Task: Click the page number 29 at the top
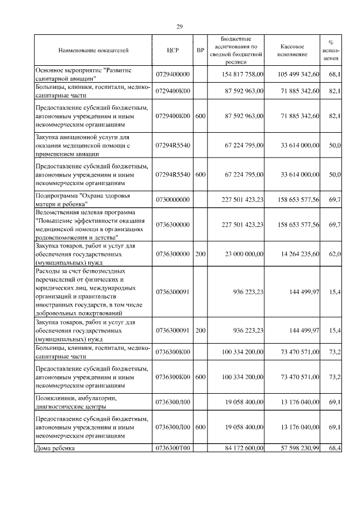click(x=180, y=26)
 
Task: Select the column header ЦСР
click(x=173, y=51)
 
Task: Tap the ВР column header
click(x=200, y=51)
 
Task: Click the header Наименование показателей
click(x=93, y=51)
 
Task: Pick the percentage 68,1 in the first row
click(x=335, y=74)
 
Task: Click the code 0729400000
click(x=173, y=74)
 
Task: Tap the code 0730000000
click(x=173, y=200)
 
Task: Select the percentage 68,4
click(x=335, y=448)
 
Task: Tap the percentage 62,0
click(x=335, y=255)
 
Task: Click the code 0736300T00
click(x=173, y=448)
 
